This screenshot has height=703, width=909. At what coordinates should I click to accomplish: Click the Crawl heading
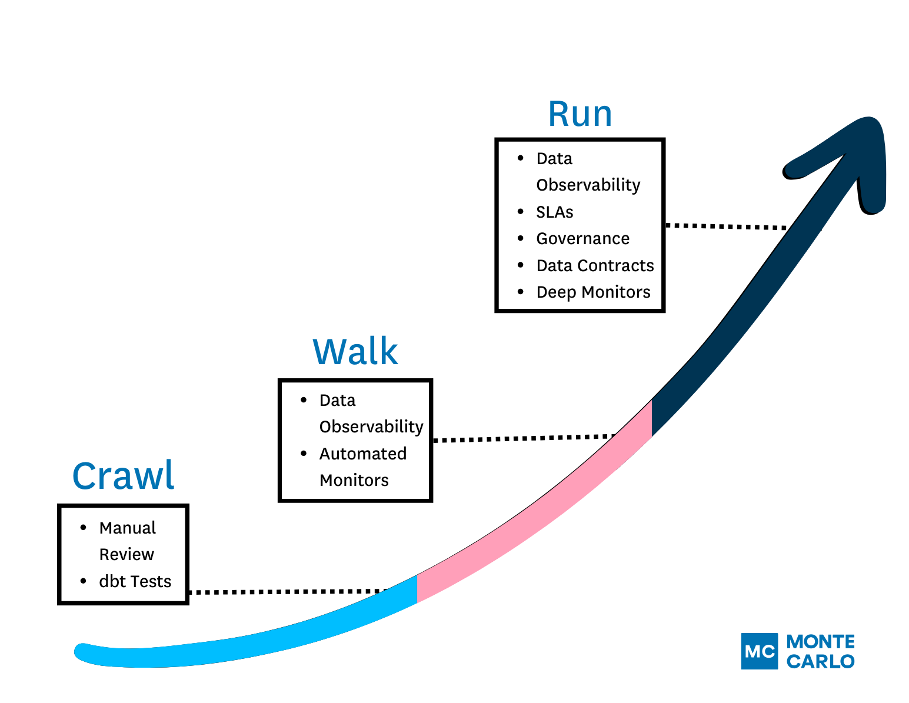[x=123, y=476]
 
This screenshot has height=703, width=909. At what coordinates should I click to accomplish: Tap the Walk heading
[x=355, y=352]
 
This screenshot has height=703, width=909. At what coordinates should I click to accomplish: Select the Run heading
[x=580, y=114]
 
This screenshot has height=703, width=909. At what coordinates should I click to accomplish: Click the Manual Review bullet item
[x=127, y=541]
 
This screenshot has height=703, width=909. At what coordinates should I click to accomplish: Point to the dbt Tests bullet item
[x=135, y=581]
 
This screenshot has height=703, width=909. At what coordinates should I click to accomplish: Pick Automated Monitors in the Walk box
[x=362, y=467]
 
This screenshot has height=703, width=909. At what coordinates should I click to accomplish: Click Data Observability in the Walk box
[x=371, y=413]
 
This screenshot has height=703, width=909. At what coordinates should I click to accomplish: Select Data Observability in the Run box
[x=588, y=172]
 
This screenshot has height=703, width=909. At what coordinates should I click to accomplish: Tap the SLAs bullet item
[x=554, y=212]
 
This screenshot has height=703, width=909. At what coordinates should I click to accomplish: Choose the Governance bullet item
[x=582, y=238]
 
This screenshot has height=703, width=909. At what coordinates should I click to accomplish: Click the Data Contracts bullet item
[x=595, y=265]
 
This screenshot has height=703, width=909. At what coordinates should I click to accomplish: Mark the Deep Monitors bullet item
[x=593, y=292]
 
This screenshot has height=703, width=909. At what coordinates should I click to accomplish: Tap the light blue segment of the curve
[x=265, y=638]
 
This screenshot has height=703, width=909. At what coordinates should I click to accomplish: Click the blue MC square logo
[x=759, y=651]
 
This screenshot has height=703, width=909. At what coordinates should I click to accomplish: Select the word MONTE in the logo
[x=821, y=641]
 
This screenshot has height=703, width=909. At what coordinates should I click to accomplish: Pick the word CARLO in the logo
[x=821, y=661]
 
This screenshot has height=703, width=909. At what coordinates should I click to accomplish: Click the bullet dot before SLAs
[x=520, y=212]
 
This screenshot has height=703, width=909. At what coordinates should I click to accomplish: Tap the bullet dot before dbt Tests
[x=83, y=581]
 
